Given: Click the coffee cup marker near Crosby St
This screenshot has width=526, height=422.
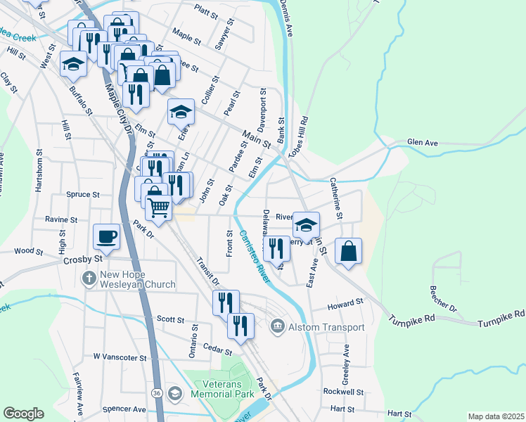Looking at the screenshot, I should click(x=107, y=236).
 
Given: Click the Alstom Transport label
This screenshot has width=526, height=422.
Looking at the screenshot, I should click(x=326, y=327).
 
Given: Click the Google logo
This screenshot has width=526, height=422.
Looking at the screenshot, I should click(x=23, y=414).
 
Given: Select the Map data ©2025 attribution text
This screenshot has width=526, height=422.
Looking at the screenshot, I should click(x=496, y=416).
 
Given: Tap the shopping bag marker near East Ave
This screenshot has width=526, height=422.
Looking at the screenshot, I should click(x=348, y=250).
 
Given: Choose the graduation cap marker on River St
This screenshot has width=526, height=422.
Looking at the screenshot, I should click(x=306, y=225).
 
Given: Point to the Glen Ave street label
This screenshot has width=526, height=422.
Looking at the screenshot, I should click(x=422, y=143).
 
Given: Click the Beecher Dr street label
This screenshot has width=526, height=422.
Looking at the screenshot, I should click(x=443, y=299).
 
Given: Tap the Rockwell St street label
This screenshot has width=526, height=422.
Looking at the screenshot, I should click(x=344, y=392).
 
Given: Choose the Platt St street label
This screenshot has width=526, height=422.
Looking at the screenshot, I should click(x=207, y=11).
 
